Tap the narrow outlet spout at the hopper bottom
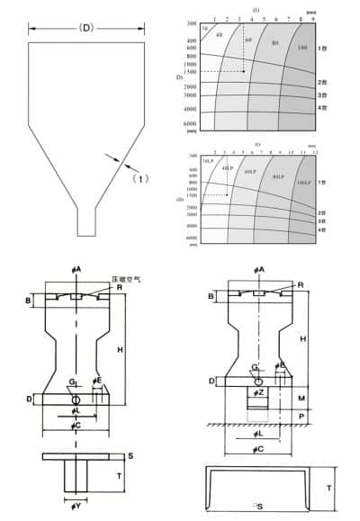(x=86, y=220)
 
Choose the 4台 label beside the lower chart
(x=321, y=229)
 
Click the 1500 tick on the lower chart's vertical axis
(x=193, y=195)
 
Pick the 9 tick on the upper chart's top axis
(x=312, y=18)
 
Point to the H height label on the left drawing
(x=131, y=347)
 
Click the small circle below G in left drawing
(x=76, y=399)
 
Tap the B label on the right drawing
(x=211, y=295)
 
